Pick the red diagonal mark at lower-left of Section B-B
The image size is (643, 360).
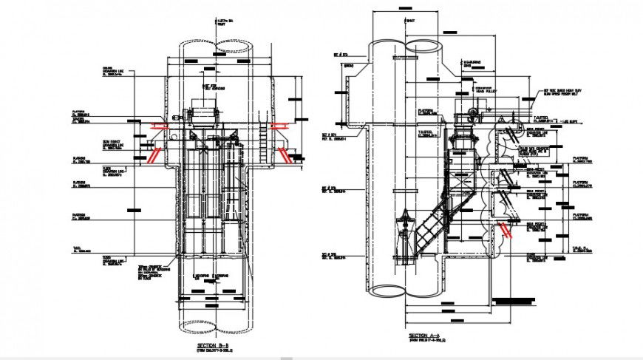tap(154, 156)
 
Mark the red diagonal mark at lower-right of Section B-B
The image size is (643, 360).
tap(284, 153)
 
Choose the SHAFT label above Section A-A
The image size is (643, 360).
tap(411, 21)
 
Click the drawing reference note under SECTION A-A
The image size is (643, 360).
tap(426, 341)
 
